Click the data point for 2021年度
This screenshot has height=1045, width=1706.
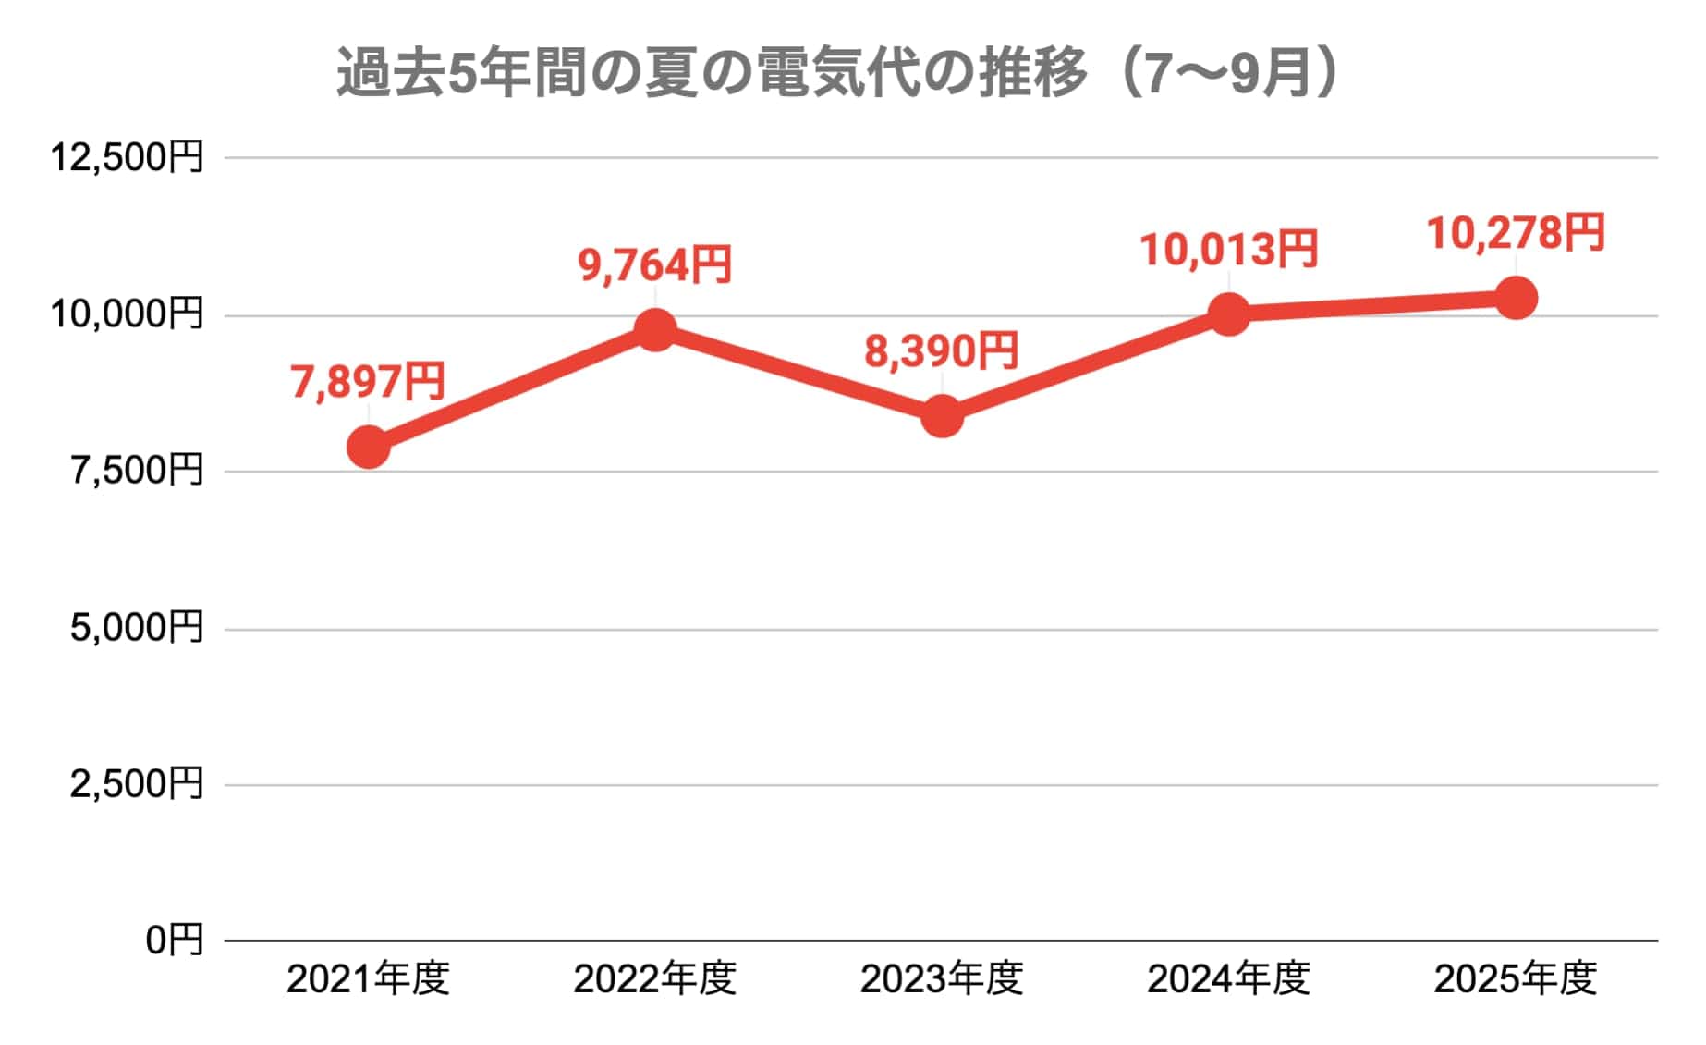click(x=368, y=448)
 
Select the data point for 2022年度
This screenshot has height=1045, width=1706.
click(x=655, y=330)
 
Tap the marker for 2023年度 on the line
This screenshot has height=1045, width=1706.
click(x=942, y=416)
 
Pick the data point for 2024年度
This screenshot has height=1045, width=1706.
click(x=1229, y=314)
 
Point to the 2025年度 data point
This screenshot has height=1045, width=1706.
click(x=1516, y=298)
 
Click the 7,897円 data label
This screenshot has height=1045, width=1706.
click(x=368, y=382)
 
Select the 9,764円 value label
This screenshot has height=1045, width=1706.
click(x=655, y=265)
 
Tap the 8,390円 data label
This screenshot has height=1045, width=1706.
click(x=942, y=351)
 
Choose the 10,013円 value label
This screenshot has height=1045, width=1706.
click(x=1229, y=250)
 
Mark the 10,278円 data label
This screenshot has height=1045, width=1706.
click(x=1516, y=233)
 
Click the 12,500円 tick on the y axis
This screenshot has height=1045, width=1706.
click(x=127, y=157)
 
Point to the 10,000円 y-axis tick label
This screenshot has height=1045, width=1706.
click(x=127, y=314)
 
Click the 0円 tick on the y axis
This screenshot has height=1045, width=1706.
click(x=175, y=940)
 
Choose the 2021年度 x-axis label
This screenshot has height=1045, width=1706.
click(x=368, y=979)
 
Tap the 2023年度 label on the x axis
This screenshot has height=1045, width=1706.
click(x=942, y=979)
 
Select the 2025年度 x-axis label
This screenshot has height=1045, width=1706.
click(x=1516, y=979)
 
